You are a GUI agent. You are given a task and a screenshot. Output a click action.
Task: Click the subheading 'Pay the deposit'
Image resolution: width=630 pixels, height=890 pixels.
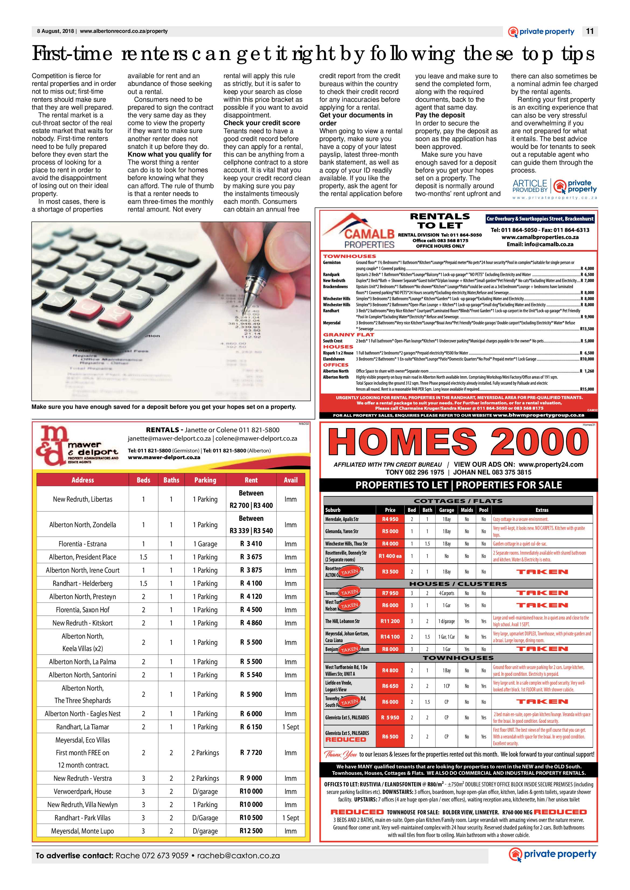tap(440, 115)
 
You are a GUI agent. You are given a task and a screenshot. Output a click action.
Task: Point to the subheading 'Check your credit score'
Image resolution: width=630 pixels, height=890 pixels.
tap(262, 123)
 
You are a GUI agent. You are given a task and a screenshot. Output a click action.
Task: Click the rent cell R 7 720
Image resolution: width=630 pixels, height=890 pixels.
tap(251, 752)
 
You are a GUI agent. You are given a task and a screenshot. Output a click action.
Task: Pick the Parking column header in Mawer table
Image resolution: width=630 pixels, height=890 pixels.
tap(205, 480)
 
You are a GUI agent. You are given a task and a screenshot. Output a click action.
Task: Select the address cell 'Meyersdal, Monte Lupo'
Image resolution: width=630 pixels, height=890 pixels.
tap(83, 831)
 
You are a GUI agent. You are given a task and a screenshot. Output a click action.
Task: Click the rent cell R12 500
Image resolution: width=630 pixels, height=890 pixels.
tap(251, 831)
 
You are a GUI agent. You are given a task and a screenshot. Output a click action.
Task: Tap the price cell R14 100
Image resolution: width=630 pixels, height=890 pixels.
tap(390, 636)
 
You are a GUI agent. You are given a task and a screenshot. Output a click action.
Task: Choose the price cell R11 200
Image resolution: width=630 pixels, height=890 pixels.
tap(390, 621)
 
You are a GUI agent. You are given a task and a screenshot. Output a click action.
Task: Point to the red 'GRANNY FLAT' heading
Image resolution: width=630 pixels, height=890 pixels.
tap(348, 335)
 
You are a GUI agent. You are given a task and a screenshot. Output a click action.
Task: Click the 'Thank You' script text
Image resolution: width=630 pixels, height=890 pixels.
tap(340, 755)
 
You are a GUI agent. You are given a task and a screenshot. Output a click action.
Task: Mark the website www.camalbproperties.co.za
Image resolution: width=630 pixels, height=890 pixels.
tap(539, 237)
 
